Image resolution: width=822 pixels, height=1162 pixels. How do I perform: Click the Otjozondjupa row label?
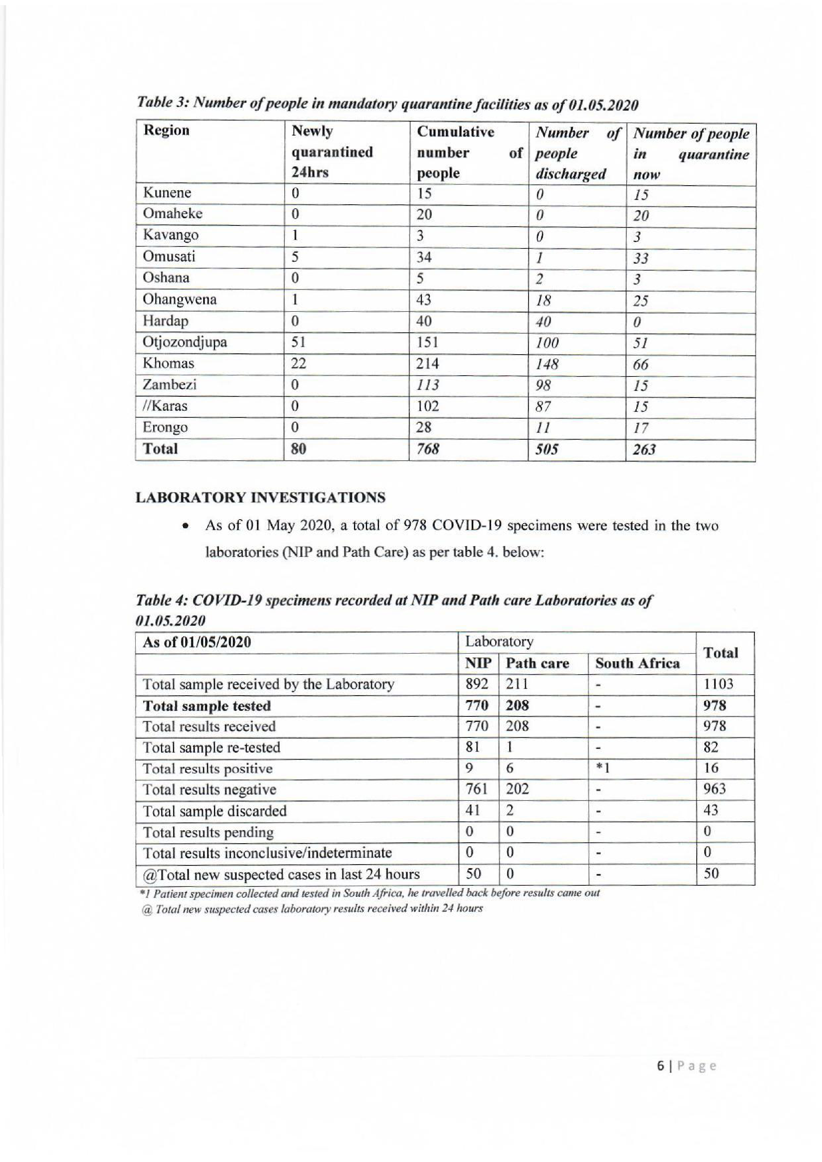185,343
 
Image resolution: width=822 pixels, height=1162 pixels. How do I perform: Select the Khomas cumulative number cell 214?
428,364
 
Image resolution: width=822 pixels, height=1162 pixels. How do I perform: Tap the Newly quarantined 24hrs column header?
332,152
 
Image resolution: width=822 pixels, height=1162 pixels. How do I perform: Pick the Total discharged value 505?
547,449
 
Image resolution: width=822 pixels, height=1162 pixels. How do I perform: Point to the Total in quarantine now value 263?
644,449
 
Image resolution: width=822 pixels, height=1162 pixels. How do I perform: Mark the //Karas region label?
165,406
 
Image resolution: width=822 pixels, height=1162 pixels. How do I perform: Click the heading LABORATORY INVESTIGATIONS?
260,497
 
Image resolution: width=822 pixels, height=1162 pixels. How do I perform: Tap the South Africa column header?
637,663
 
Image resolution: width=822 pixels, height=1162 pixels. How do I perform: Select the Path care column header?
538,663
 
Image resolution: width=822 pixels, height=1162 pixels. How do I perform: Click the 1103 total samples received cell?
718,684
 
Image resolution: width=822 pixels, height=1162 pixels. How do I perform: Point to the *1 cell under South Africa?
602,769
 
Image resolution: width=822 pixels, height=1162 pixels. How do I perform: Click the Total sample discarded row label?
215,811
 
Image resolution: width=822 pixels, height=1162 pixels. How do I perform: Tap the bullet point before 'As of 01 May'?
187,526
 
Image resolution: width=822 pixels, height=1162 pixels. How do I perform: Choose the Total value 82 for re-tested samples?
711,747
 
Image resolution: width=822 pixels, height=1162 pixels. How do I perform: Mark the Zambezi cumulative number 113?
428,386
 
